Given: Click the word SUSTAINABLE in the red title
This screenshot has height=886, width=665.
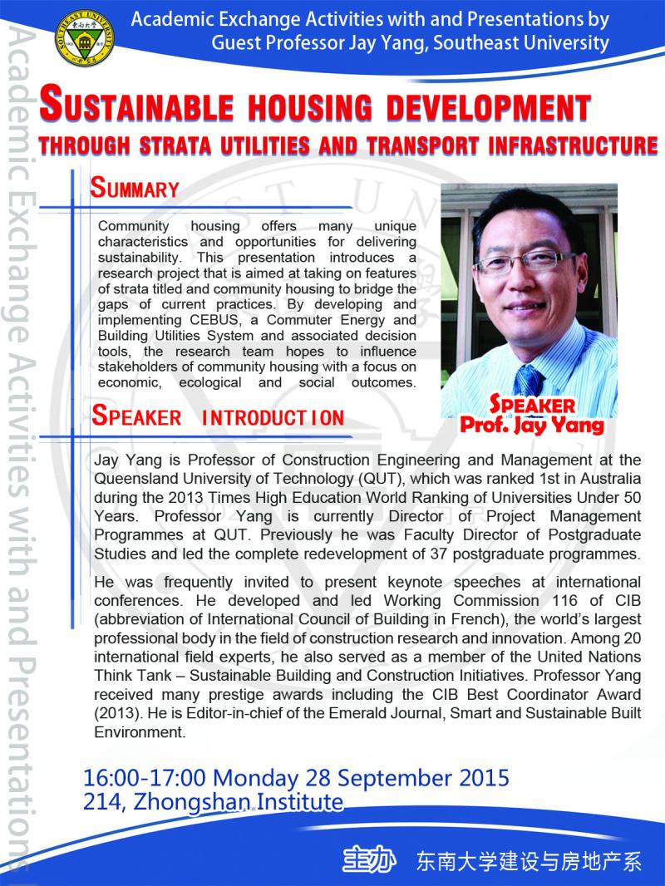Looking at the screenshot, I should (x=158, y=109).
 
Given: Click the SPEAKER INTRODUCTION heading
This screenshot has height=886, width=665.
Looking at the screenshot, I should (x=218, y=416).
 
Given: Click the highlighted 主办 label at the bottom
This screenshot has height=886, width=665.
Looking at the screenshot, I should (x=367, y=860).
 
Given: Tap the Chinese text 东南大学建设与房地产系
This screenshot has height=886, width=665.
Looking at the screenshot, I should (x=529, y=861).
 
